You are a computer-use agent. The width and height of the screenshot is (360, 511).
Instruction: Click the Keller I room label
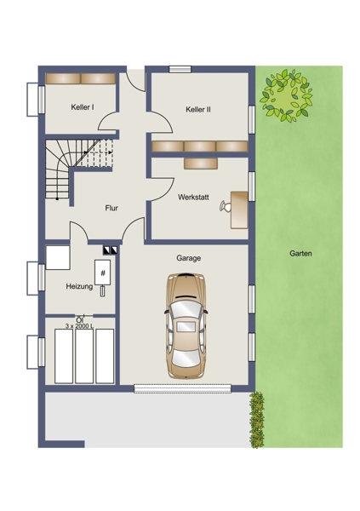tap(83, 107)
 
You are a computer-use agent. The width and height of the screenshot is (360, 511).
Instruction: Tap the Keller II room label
tap(198, 110)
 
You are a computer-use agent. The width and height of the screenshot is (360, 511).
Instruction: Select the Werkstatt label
tap(193, 198)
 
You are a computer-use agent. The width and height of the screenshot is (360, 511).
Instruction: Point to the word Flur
tap(111, 209)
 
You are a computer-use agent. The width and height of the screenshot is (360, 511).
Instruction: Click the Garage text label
tap(188, 258)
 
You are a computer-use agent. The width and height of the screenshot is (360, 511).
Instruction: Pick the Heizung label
tap(79, 286)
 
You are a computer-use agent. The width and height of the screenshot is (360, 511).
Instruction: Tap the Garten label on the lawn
tap(300, 253)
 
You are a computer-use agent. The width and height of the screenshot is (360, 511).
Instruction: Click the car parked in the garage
tap(186, 326)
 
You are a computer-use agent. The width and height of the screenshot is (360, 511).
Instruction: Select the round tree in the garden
tap(286, 95)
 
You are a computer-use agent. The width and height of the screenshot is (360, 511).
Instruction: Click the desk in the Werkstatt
tap(239, 210)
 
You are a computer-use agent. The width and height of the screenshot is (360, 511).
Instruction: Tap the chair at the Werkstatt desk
tap(225, 206)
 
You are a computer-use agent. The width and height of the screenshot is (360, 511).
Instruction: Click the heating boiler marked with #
tap(103, 273)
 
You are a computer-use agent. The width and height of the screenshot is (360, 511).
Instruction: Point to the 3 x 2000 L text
tap(79, 326)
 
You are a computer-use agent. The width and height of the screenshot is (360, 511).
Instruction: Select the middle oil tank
tap(84, 356)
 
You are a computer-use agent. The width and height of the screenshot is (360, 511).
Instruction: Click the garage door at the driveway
tap(182, 388)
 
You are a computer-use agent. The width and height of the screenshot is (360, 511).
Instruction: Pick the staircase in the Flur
tap(79, 169)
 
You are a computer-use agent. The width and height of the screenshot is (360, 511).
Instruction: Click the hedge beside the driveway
tap(257, 420)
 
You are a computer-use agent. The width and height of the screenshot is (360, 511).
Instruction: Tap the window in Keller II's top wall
tap(180, 69)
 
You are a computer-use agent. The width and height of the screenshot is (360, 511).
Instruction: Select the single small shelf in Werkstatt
tap(201, 164)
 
